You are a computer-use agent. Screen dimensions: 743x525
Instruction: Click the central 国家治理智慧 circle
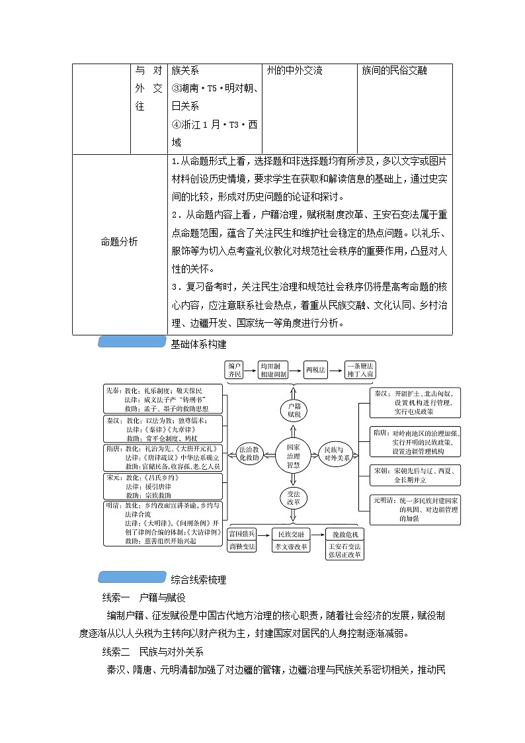pos(293,456)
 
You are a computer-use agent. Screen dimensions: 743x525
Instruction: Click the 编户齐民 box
pos(235,370)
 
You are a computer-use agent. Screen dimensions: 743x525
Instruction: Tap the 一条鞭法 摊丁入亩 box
pos(361,370)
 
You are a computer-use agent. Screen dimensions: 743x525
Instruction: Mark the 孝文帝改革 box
pos(292,547)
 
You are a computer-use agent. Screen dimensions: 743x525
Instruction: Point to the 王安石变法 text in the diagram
pos(344,547)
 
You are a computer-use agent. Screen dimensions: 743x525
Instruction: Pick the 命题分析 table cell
pos(119,242)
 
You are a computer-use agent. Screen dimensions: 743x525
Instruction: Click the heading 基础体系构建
pos(198,343)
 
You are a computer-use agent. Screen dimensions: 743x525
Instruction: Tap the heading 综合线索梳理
pos(198,580)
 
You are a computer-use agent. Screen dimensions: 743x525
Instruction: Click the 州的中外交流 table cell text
pos(294,70)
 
